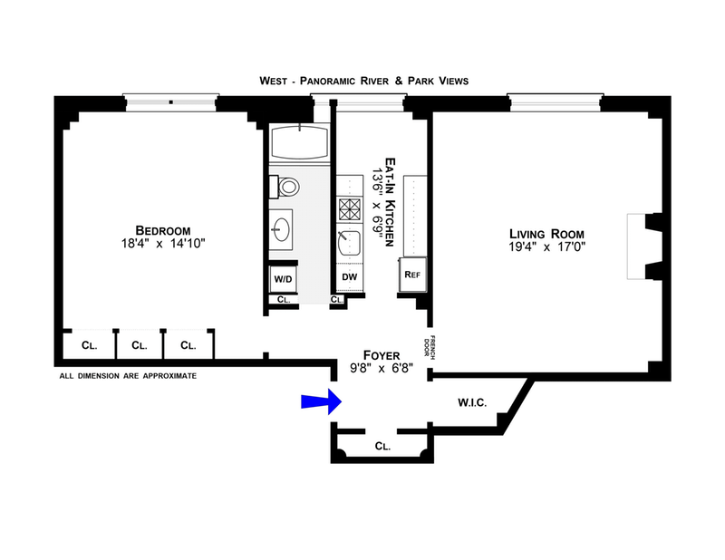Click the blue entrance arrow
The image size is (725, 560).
(x=320, y=402)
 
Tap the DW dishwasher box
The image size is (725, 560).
(x=349, y=277)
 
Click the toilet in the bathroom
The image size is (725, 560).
(x=286, y=188)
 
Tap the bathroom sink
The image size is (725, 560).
(x=283, y=227)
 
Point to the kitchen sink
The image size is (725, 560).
(x=349, y=242)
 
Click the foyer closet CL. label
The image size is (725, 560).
(x=382, y=447)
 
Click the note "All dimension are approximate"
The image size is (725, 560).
(x=128, y=374)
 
